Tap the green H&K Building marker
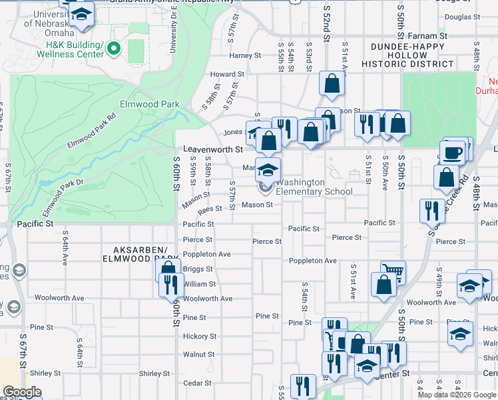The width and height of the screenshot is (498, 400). (114, 48)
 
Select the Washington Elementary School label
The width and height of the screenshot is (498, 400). (314, 187)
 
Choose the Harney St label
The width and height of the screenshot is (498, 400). (244, 56)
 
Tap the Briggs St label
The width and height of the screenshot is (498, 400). (198, 269)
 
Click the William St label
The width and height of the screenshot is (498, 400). (200, 284)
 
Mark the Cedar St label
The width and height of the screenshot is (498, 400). (197, 383)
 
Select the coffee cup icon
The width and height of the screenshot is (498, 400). (453, 152)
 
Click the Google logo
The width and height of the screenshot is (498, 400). (22, 392)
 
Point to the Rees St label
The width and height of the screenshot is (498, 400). (209, 208)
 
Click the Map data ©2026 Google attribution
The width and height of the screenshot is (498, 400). (456, 395)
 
